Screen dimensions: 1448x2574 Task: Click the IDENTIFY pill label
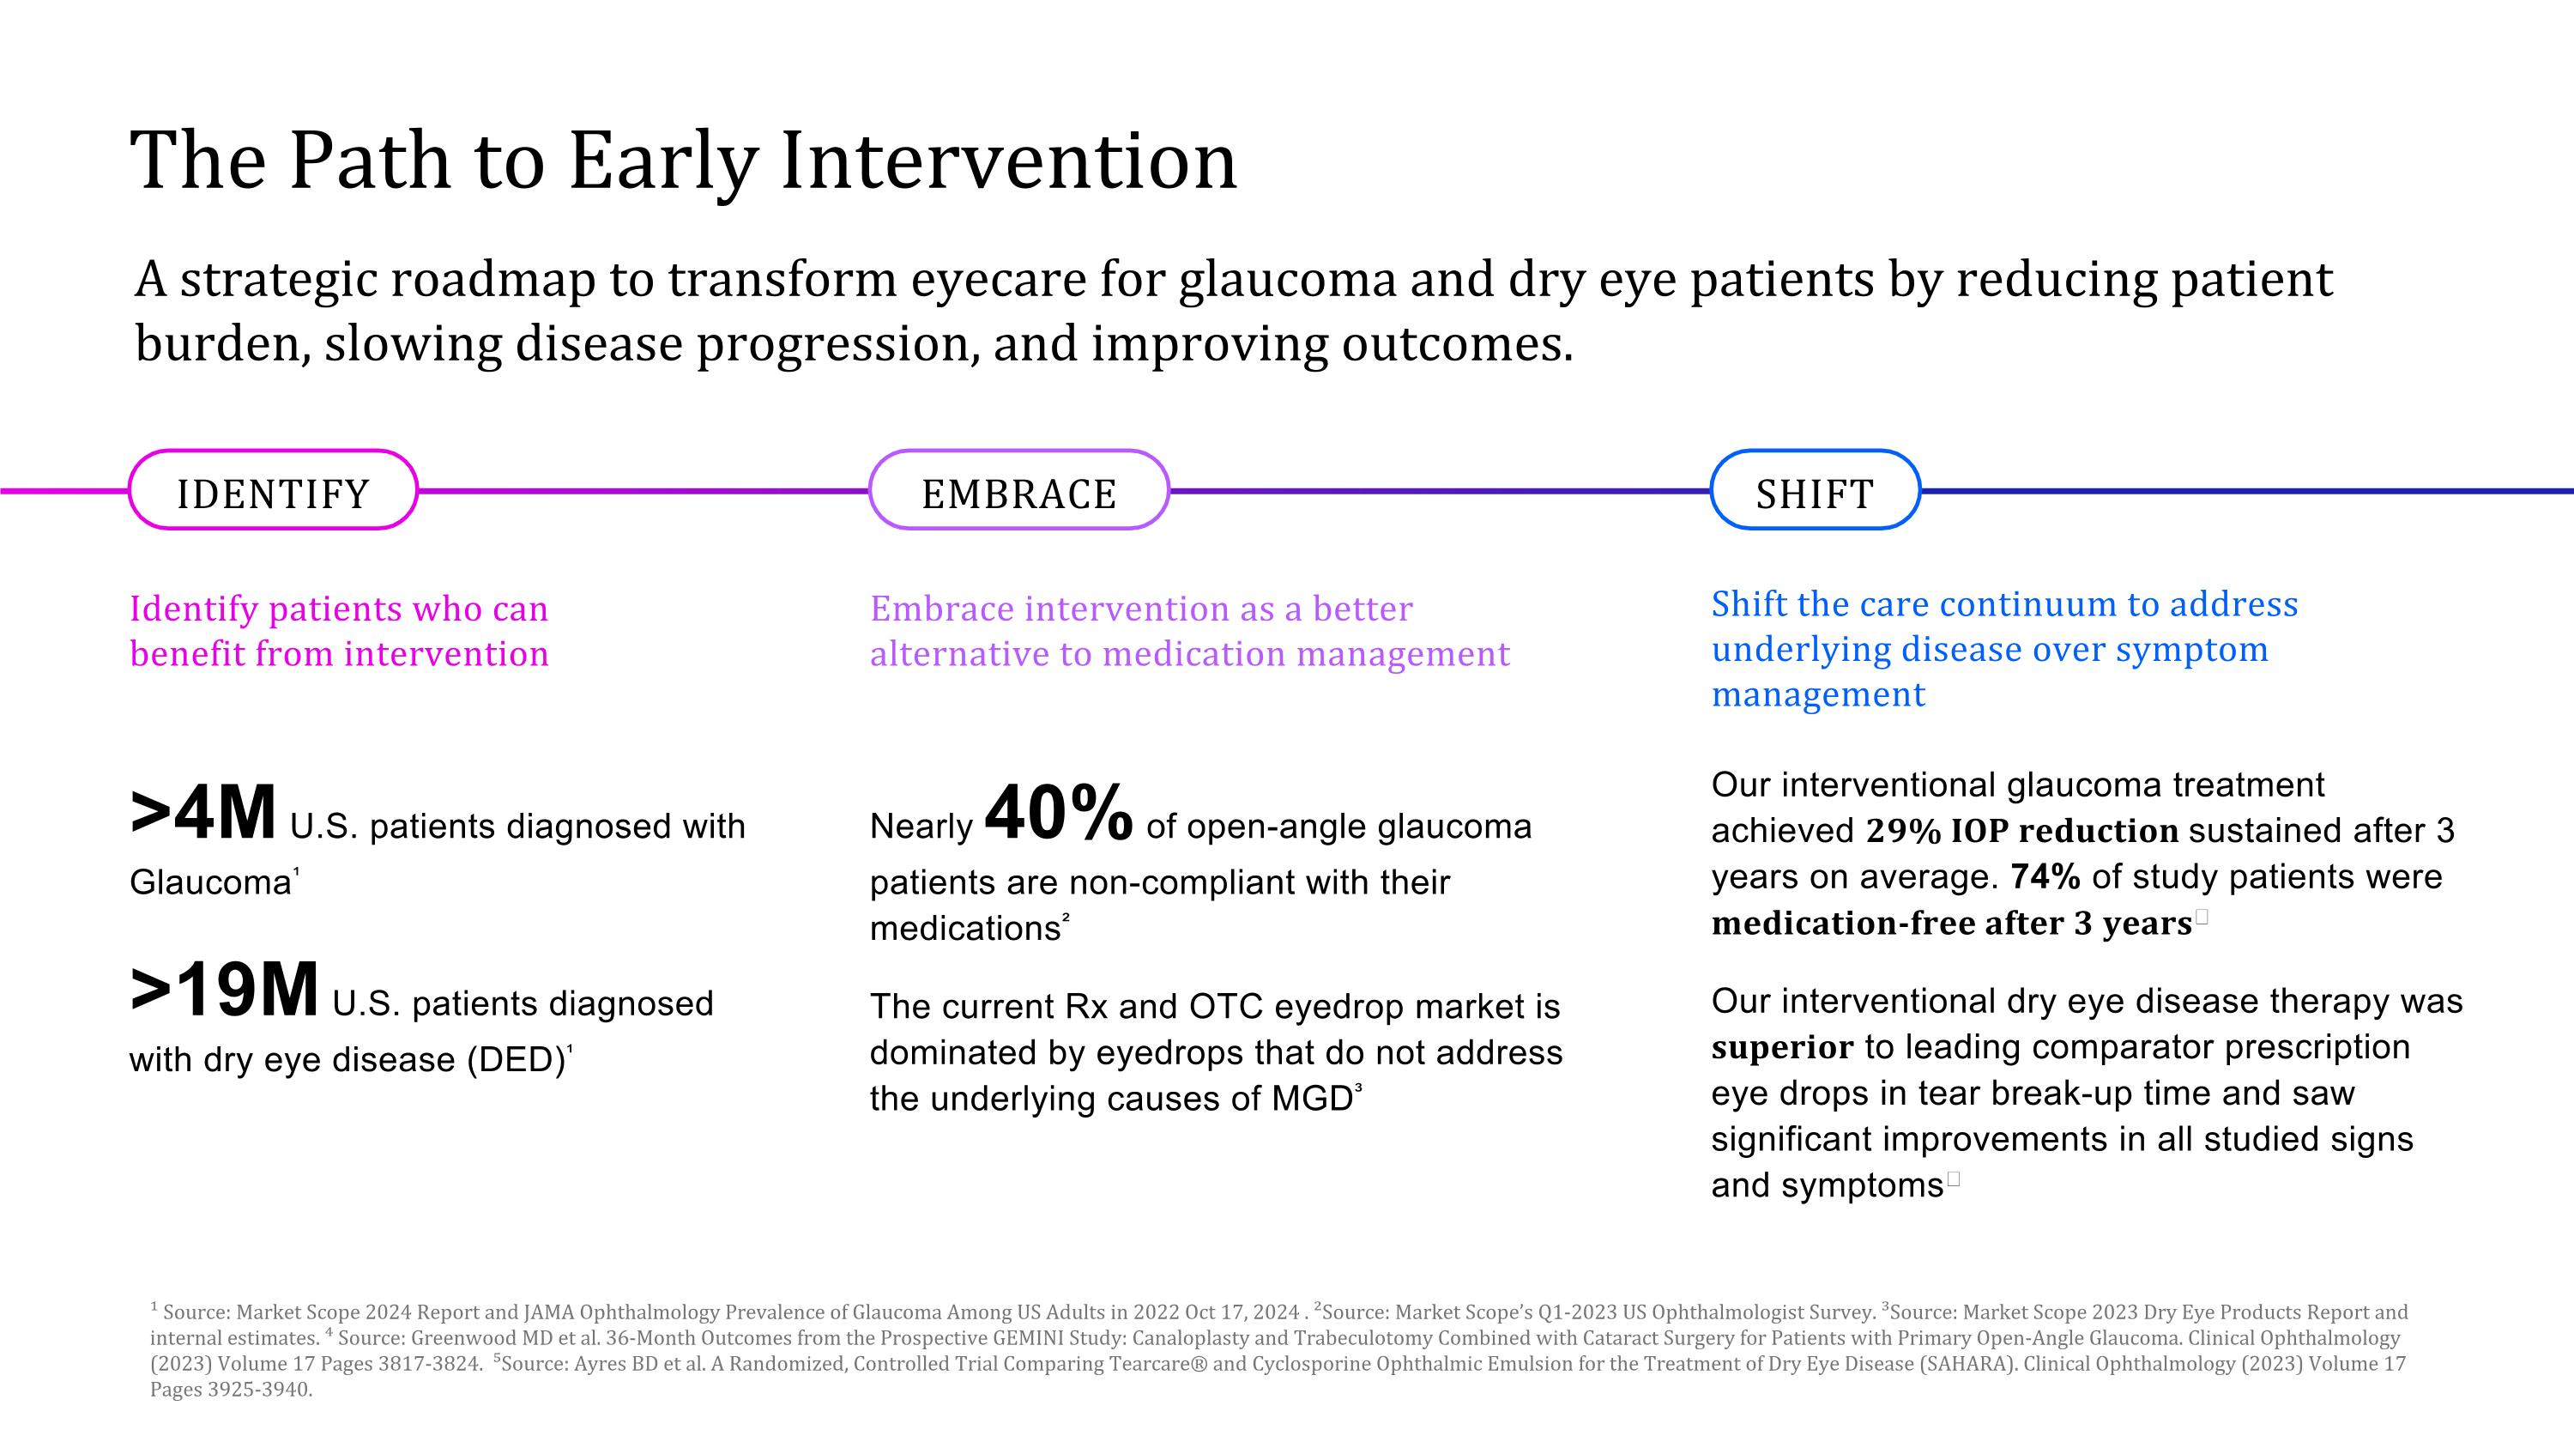click(273, 494)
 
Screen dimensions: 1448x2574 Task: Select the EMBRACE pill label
click(1018, 494)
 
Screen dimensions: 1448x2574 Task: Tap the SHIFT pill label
click(1815, 494)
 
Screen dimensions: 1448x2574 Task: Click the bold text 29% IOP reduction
click(2021, 830)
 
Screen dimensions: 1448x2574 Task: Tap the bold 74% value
click(2045, 876)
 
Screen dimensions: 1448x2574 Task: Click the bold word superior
click(1781, 1047)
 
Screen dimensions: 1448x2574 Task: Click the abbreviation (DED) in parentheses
click(517, 1059)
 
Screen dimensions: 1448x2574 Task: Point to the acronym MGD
click(1311, 1099)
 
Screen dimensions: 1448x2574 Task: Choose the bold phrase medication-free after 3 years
click(1950, 924)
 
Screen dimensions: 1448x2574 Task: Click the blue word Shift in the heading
click(1746, 603)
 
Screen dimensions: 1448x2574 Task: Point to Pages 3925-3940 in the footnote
click(231, 1389)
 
